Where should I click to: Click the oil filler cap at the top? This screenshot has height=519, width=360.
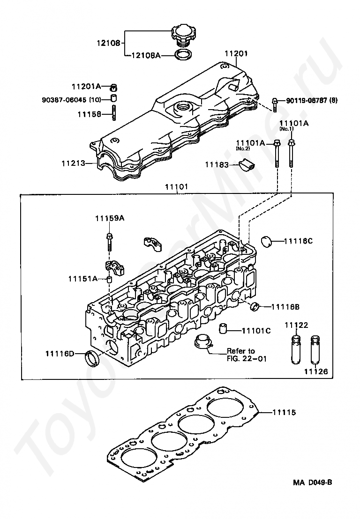(x=182, y=35)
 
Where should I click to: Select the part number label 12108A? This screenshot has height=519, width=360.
(x=145, y=55)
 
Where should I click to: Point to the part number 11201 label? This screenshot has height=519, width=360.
(x=236, y=54)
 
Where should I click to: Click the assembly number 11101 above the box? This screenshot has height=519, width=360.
(x=176, y=186)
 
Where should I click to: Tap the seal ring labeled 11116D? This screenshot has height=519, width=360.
(x=92, y=359)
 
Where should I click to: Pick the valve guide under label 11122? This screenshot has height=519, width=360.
(x=296, y=349)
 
